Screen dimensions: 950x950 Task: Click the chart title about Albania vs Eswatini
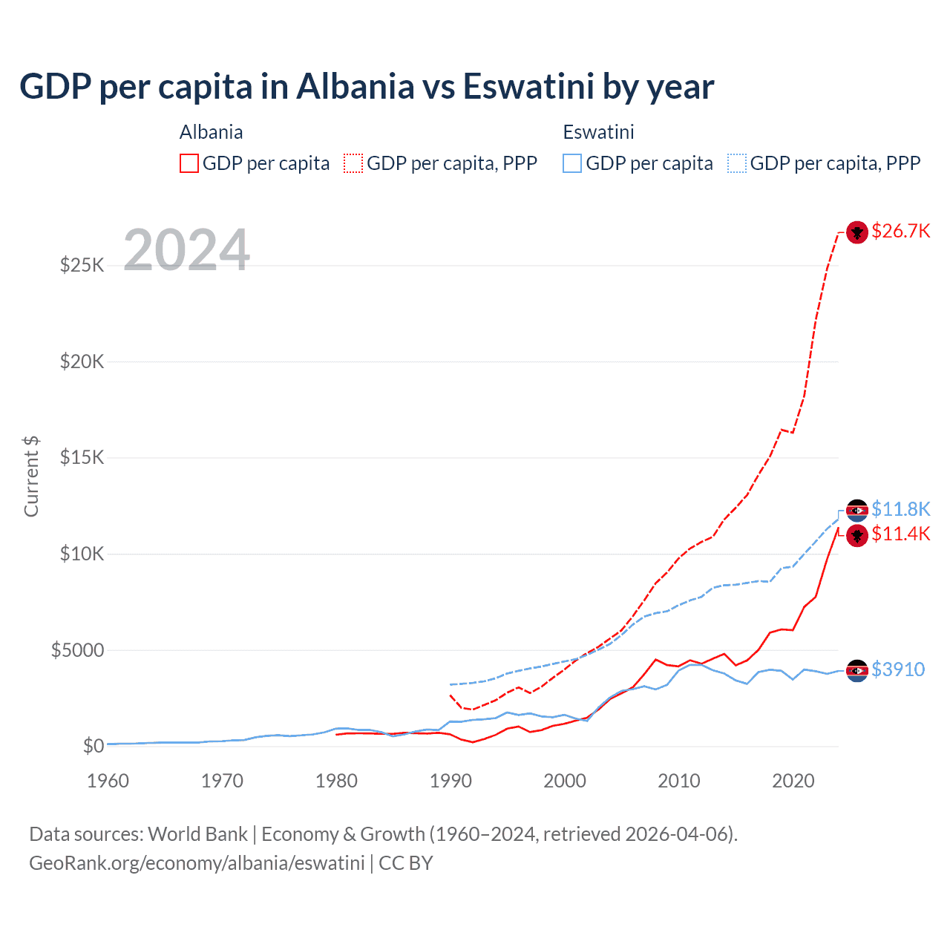(x=367, y=87)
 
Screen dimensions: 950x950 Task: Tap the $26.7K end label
(x=900, y=232)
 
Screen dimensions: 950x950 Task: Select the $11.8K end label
(x=900, y=509)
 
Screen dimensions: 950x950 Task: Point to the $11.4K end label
(x=900, y=534)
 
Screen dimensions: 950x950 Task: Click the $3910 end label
(x=898, y=669)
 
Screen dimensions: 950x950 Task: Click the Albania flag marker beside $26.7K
(x=857, y=232)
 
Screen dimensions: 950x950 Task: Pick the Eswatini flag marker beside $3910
(x=857, y=670)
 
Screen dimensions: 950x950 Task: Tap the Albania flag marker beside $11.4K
(x=857, y=535)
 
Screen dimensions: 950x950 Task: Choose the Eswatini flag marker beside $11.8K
(x=857, y=510)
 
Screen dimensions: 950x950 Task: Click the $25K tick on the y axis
(x=82, y=265)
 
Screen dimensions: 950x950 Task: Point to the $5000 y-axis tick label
(x=77, y=650)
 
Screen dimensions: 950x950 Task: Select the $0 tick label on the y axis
(x=92, y=746)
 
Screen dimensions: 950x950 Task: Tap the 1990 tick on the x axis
(x=451, y=781)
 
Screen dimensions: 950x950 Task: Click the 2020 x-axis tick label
(x=793, y=781)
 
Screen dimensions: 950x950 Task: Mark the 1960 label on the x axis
(x=108, y=781)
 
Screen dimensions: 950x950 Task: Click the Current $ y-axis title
(x=31, y=476)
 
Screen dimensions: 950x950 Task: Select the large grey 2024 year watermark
(x=186, y=250)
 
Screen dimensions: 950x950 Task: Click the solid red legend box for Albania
(x=189, y=163)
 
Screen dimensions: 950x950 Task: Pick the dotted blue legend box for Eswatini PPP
(x=737, y=163)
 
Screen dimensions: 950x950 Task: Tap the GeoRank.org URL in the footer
(x=197, y=863)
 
